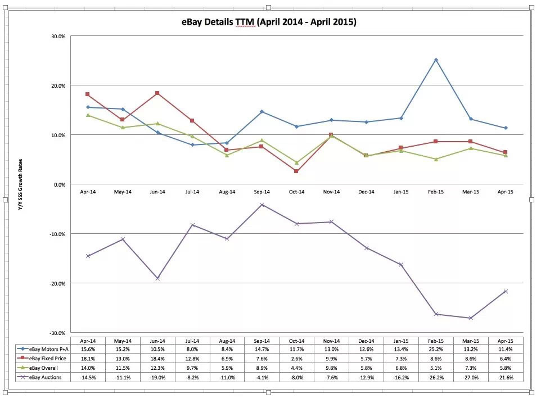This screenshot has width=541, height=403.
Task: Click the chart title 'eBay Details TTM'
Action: point(269,22)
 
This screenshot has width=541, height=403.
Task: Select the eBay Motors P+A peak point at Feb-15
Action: point(436,60)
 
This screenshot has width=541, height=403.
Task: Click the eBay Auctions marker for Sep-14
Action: point(262,205)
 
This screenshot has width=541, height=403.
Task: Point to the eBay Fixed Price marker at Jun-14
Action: point(157,93)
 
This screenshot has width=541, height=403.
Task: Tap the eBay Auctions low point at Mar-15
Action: point(471,318)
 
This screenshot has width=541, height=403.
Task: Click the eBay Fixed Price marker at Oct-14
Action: point(296,171)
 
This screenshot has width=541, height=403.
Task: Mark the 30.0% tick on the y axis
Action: point(58,37)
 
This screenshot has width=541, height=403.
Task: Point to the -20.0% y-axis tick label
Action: point(57,283)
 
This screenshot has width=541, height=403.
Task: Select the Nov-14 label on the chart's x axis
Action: point(331,192)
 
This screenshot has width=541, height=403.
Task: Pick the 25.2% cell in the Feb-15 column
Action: point(436,349)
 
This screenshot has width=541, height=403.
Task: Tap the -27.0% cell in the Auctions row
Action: point(471,377)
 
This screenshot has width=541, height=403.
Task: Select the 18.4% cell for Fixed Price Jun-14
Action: point(157,358)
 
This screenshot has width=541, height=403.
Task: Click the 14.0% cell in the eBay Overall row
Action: point(88,368)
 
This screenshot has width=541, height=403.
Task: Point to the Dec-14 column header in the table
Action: point(366,341)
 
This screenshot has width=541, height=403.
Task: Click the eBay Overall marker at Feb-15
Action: point(436,159)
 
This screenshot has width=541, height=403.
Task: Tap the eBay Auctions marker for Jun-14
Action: point(157,278)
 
